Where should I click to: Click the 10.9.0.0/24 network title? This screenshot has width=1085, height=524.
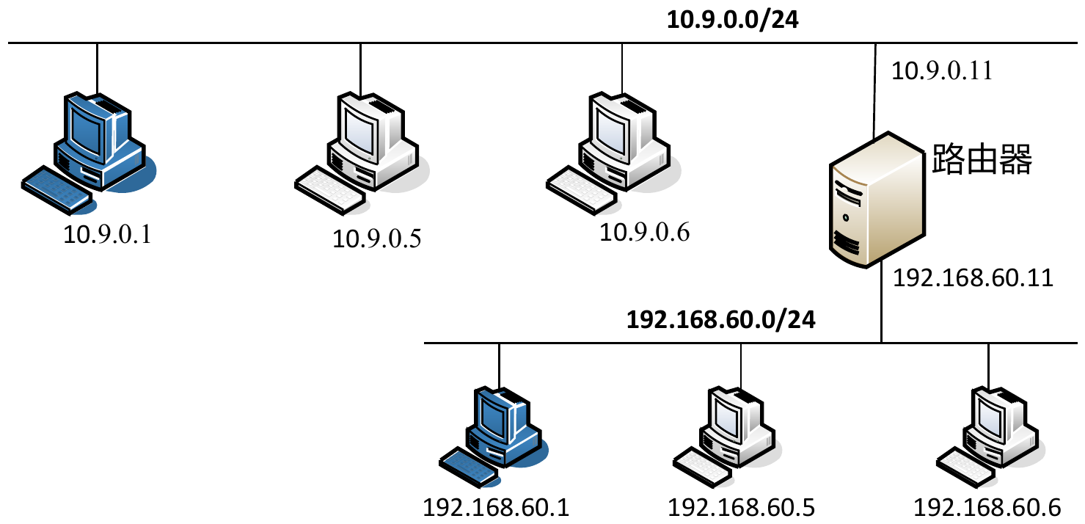[x=731, y=20]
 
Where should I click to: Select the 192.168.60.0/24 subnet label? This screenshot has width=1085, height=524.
[x=720, y=320]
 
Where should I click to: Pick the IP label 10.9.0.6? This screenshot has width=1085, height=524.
[x=645, y=233]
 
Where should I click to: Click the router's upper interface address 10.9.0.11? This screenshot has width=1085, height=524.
[x=941, y=71]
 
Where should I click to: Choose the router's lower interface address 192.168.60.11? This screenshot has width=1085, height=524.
[x=973, y=278]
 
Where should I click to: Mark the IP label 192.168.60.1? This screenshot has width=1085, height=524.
[x=496, y=507]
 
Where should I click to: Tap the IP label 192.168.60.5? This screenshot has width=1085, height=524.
[x=741, y=507]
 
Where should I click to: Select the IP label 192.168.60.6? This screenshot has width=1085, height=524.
[x=987, y=507]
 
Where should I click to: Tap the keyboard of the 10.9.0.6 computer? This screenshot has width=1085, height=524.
[x=582, y=192]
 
